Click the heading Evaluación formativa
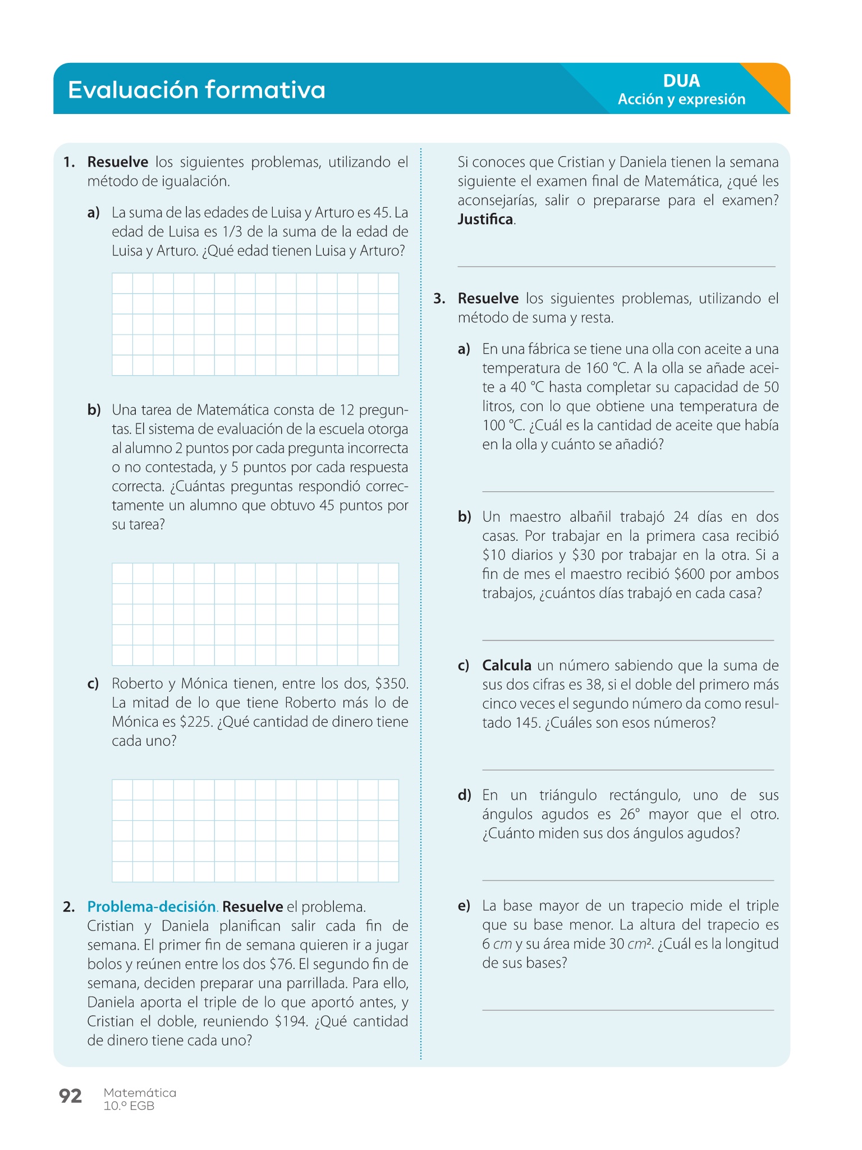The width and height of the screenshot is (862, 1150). [x=196, y=90]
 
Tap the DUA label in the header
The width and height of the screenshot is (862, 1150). [x=681, y=81]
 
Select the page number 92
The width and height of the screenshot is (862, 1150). [x=70, y=1096]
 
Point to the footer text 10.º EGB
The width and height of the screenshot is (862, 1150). [x=129, y=1106]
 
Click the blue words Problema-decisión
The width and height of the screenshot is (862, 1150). [x=152, y=907]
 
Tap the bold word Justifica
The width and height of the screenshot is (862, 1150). [x=485, y=220]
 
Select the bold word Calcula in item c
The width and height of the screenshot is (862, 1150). [x=507, y=665]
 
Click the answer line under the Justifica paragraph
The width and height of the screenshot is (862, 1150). [x=616, y=267]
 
